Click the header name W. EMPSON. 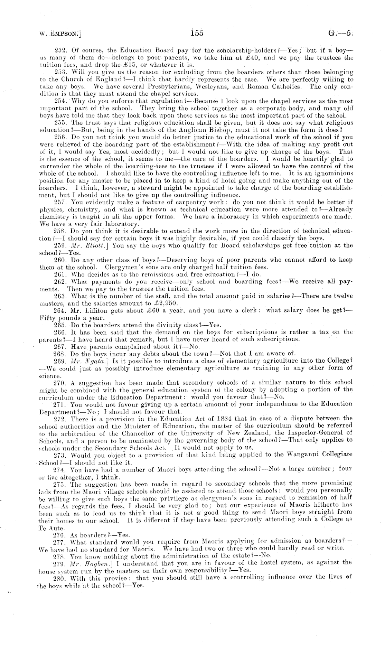click(x=60, y=34)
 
